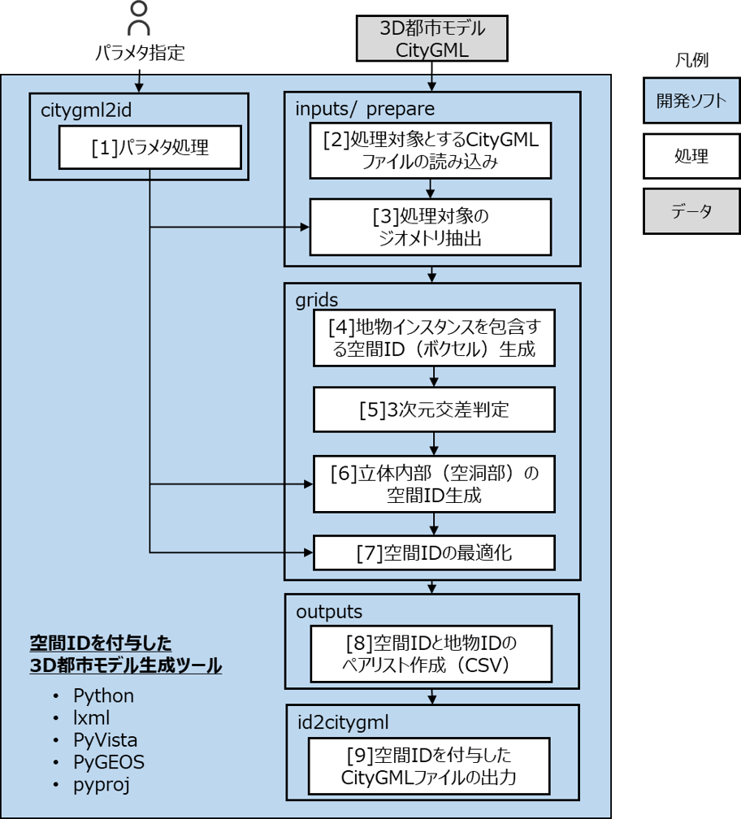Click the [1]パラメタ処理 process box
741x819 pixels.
(x=149, y=148)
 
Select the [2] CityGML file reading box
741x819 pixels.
(x=431, y=151)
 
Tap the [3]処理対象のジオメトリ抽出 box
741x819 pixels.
(x=431, y=228)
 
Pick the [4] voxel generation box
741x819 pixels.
(x=434, y=339)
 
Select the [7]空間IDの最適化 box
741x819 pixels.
(x=434, y=554)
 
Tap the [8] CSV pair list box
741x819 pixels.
(x=431, y=655)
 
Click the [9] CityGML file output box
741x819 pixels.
(x=431, y=766)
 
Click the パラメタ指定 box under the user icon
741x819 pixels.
(x=140, y=54)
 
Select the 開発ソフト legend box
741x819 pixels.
(x=691, y=102)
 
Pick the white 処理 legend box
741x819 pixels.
(x=691, y=156)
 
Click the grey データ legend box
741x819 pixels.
(x=691, y=211)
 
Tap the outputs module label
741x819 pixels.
(x=328, y=611)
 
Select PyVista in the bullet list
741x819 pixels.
(x=105, y=740)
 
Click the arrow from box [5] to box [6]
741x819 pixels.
(x=434, y=443)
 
